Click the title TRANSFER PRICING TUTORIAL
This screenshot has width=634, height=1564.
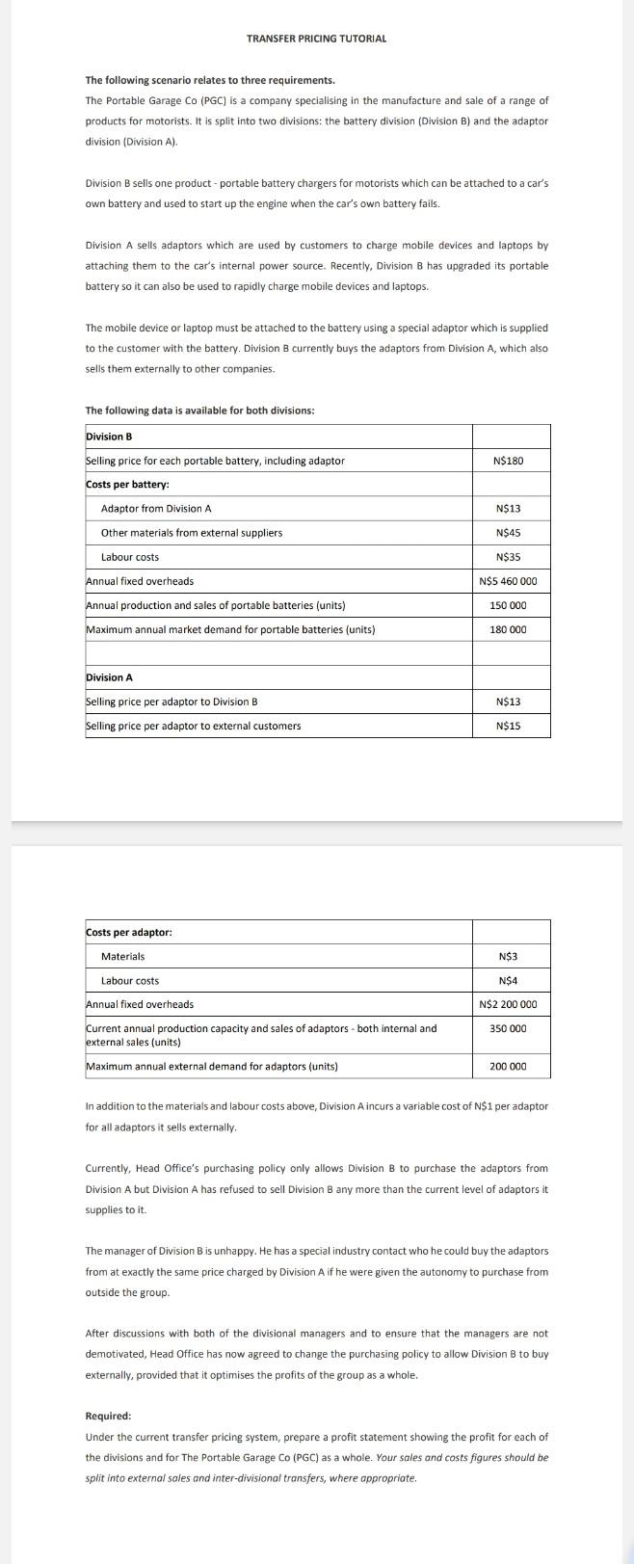point(316,39)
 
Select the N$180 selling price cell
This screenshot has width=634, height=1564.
point(508,461)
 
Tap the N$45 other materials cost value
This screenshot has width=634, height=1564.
point(508,533)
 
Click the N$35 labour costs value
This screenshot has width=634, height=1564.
point(508,557)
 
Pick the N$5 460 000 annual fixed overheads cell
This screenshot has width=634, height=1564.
point(508,581)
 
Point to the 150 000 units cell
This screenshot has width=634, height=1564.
point(509,605)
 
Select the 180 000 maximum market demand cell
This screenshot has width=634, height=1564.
point(509,629)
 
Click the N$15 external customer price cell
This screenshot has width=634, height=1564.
point(508,726)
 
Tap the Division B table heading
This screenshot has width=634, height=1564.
point(109,437)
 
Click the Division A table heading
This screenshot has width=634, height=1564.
point(109,677)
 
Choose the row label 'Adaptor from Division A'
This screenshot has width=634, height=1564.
point(155,509)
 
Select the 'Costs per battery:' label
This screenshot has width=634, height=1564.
point(127,485)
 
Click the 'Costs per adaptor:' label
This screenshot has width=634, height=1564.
point(129,932)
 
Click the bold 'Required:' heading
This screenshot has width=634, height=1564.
point(108,1416)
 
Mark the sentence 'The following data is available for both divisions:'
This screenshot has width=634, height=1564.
point(199,411)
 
